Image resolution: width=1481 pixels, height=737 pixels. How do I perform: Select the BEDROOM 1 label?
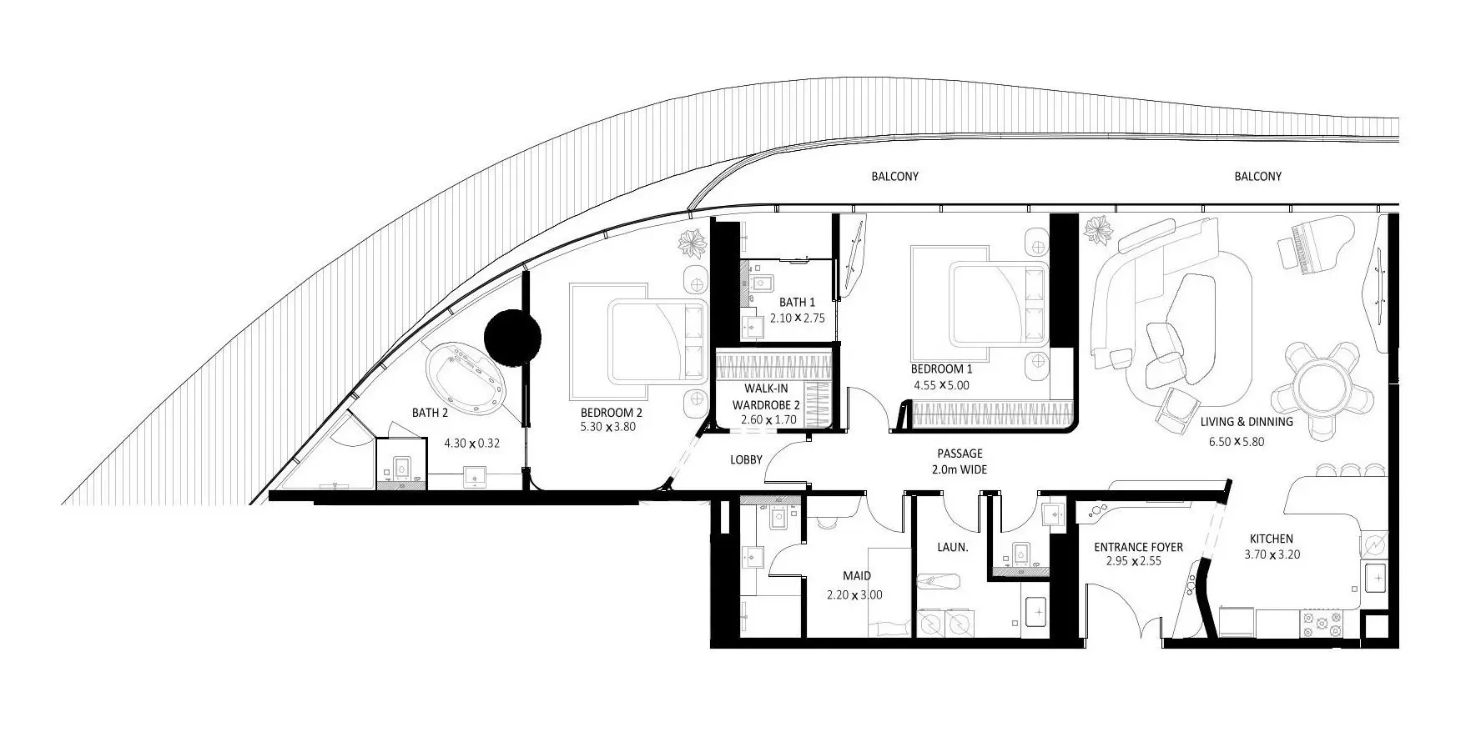click(x=941, y=368)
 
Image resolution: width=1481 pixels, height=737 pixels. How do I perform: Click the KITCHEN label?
click(x=1271, y=539)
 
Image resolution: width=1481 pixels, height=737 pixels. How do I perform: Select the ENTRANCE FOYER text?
click(x=1138, y=547)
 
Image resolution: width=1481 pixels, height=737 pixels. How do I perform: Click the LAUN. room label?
click(x=952, y=548)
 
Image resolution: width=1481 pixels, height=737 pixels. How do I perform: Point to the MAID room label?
click(x=856, y=575)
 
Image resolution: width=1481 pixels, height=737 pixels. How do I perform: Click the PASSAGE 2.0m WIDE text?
click(x=960, y=462)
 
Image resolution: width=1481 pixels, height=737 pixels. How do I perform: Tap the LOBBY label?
click(x=746, y=459)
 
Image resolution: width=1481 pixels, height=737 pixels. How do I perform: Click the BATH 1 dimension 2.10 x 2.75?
click(x=797, y=318)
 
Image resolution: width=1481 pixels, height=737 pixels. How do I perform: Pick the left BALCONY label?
click(x=894, y=177)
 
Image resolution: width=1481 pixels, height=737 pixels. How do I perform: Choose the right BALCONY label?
click(x=1257, y=177)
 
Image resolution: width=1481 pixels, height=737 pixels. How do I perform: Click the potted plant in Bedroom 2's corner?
click(x=692, y=244)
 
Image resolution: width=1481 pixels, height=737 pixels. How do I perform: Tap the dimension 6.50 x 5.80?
click(x=1236, y=441)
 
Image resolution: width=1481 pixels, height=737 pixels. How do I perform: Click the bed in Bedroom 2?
click(x=642, y=338)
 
